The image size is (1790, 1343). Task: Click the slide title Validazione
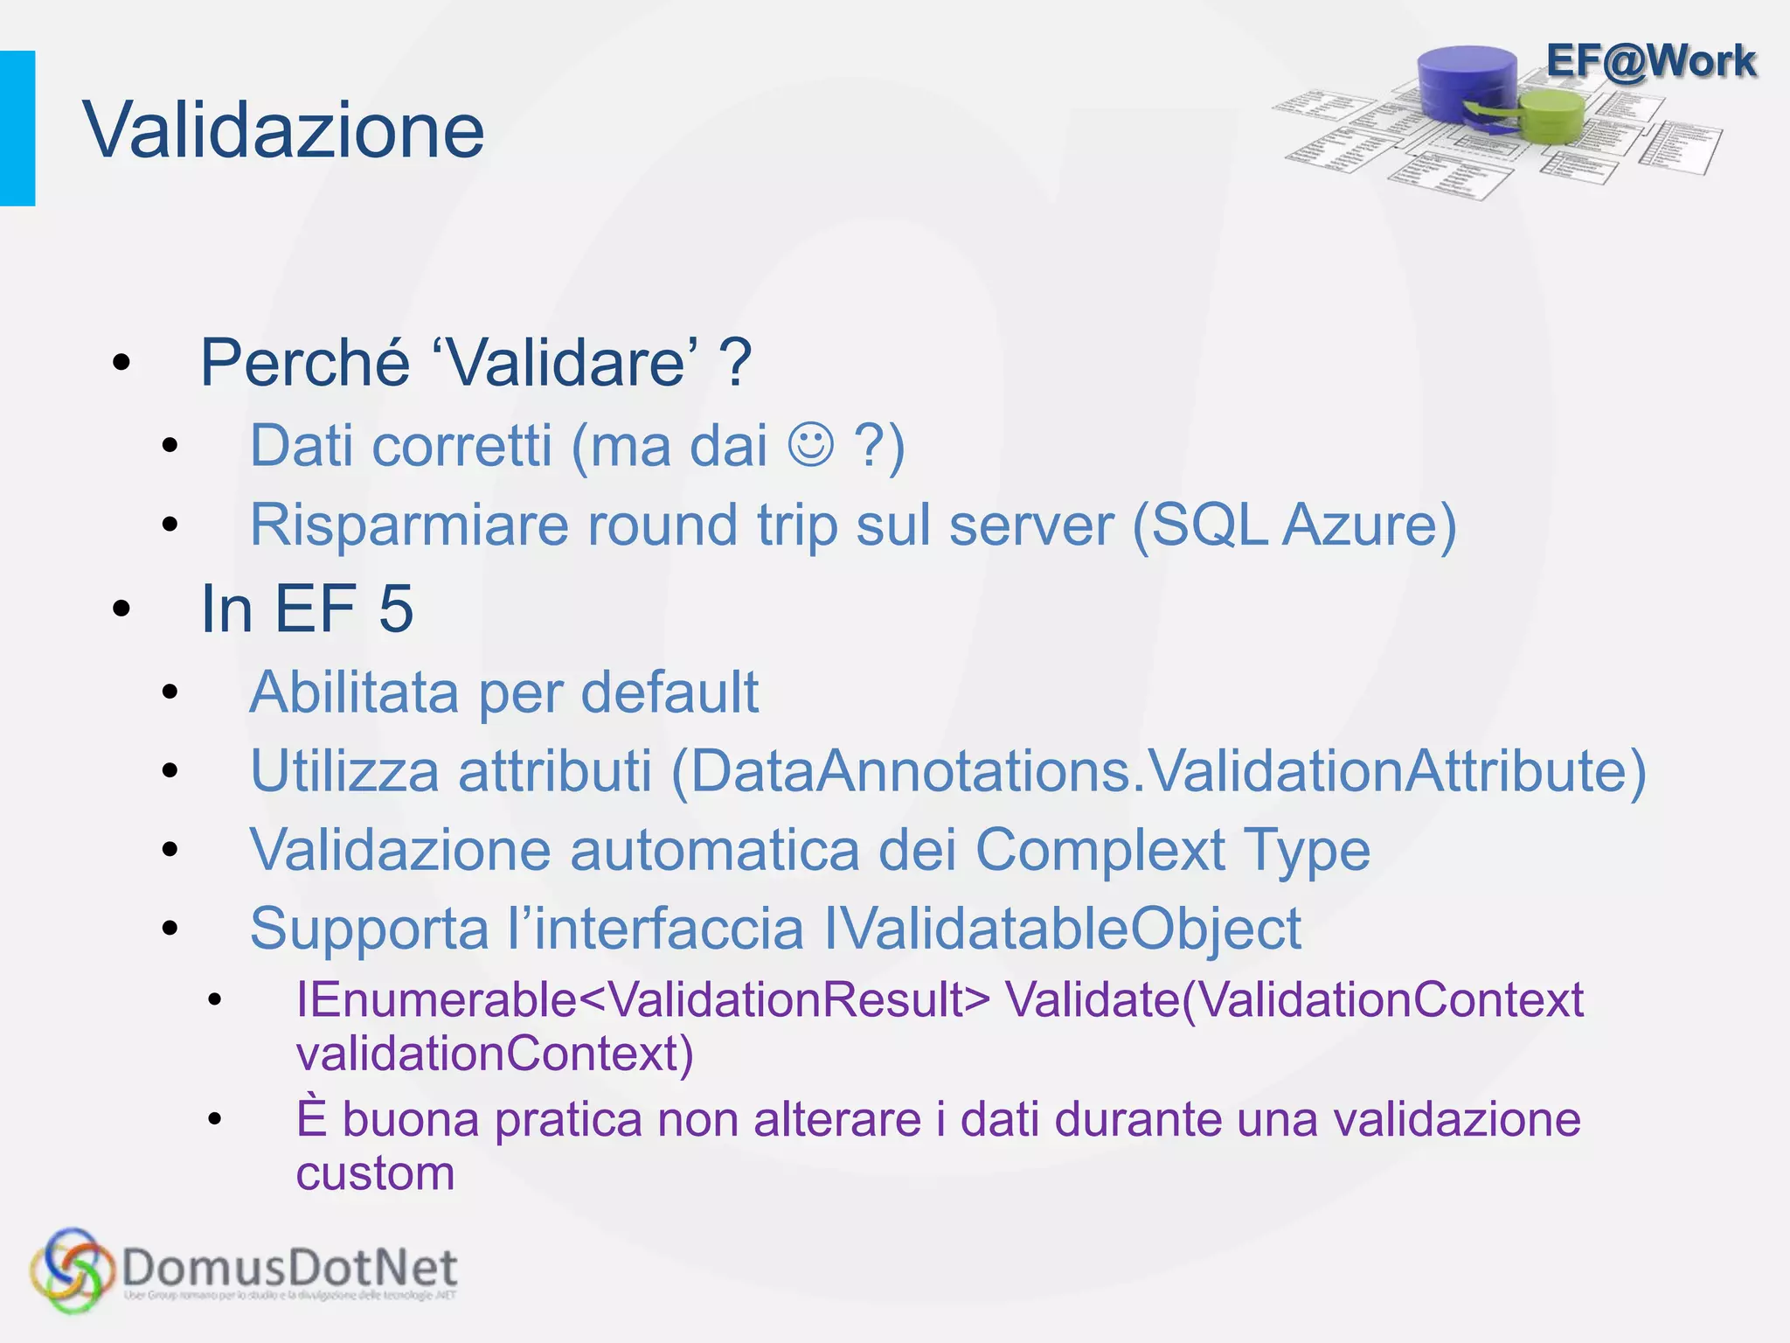pyautogui.click(x=283, y=129)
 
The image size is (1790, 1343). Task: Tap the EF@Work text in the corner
pyautogui.click(x=1650, y=61)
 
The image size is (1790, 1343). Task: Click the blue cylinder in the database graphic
pyautogui.click(x=1467, y=83)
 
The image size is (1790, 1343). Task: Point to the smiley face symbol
pyautogui.click(x=810, y=444)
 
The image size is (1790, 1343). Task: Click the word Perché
pyautogui.click(x=305, y=362)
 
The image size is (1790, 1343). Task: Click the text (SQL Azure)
pyautogui.click(x=1294, y=525)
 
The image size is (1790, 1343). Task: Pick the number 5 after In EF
pyautogui.click(x=396, y=609)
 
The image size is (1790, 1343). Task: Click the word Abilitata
pyautogui.click(x=354, y=692)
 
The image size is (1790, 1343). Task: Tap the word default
pyautogui.click(x=670, y=692)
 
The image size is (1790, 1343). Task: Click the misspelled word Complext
pyautogui.click(x=1100, y=850)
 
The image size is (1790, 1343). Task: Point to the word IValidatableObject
pyautogui.click(x=1063, y=928)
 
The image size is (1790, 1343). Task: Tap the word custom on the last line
pyautogui.click(x=375, y=1173)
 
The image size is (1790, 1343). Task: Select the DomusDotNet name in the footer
pyautogui.click(x=290, y=1267)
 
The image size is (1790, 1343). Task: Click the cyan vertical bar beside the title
pyautogui.click(x=17, y=129)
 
